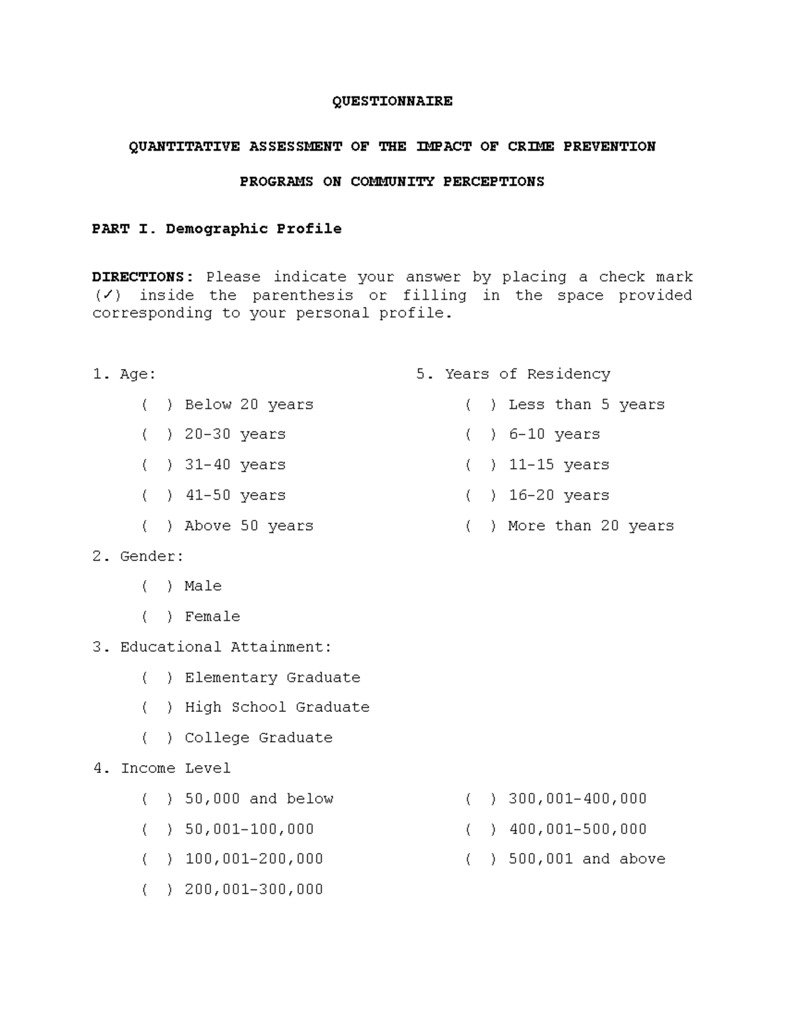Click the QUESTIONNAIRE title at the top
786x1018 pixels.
click(x=392, y=101)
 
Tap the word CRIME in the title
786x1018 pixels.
click(x=531, y=146)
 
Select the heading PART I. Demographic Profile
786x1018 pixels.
click(x=216, y=229)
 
